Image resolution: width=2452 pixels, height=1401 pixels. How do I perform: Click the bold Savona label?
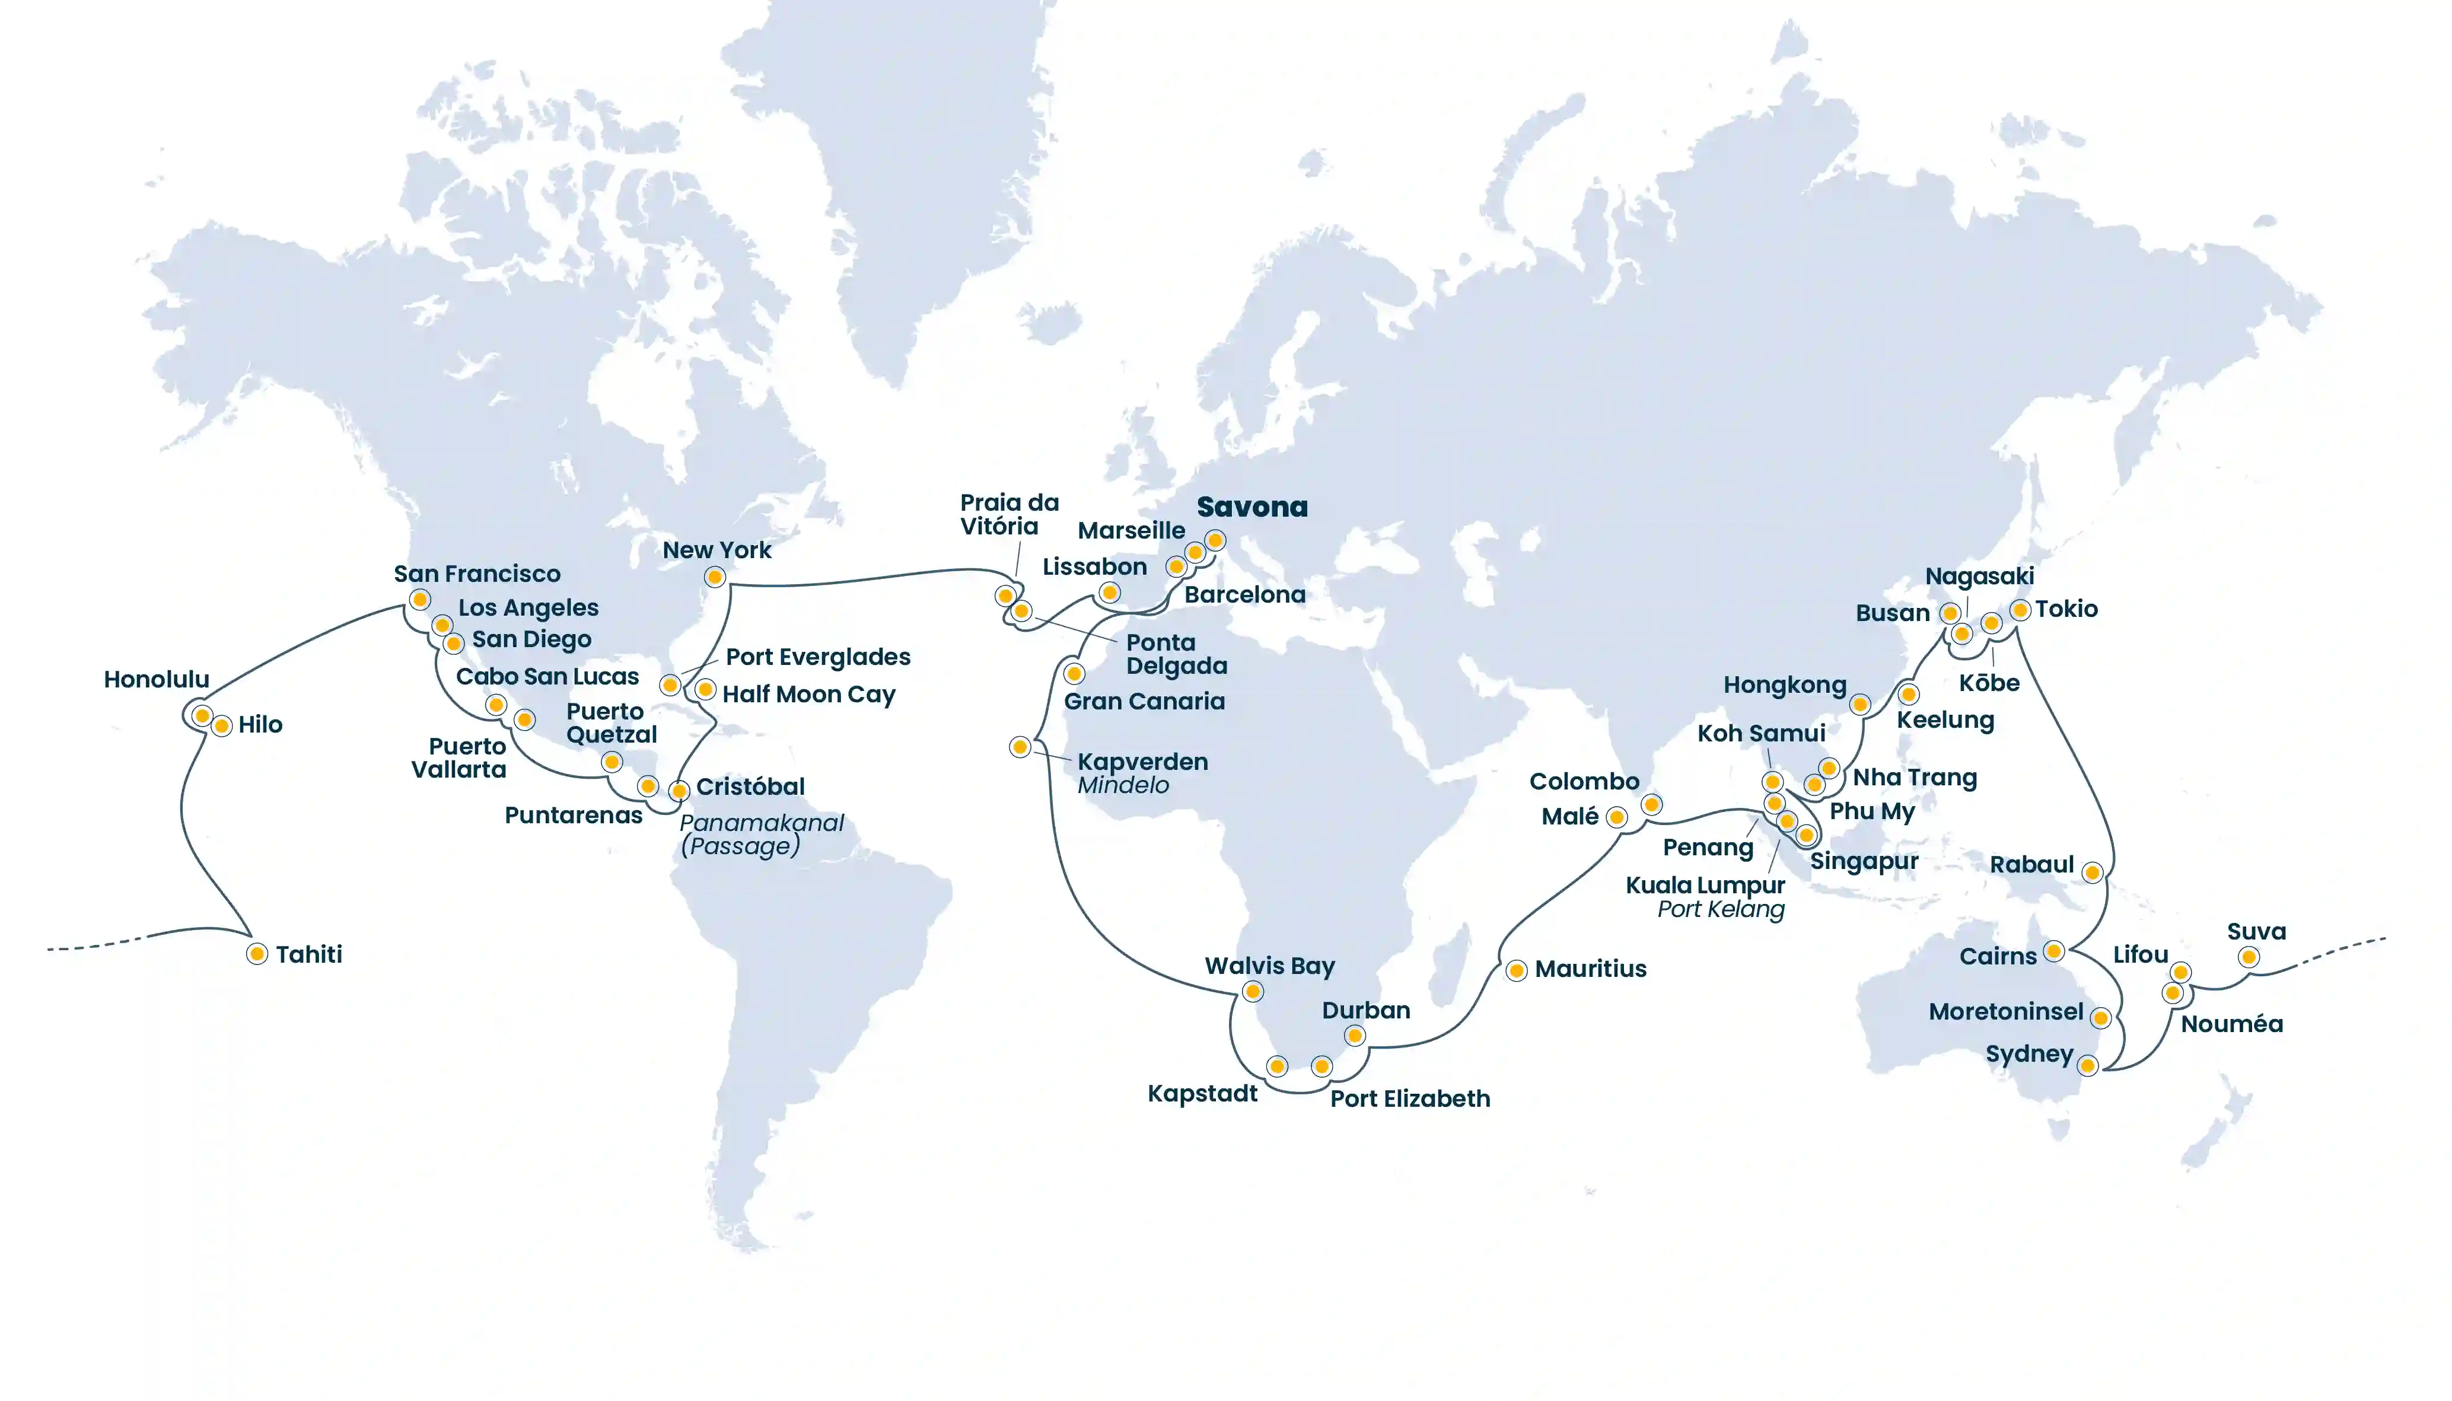tap(1252, 507)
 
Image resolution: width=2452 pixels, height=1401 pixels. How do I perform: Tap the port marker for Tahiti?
tap(257, 954)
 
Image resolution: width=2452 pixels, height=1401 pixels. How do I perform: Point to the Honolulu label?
tap(156, 679)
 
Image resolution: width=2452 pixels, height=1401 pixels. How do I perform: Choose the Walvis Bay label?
tap(1270, 966)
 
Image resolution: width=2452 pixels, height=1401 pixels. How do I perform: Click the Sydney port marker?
tap(2087, 1065)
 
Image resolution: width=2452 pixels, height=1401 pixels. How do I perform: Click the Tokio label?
tap(2066, 609)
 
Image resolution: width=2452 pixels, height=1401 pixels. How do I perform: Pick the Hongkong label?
tap(1784, 685)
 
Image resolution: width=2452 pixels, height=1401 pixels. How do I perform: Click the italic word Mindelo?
tap(1123, 785)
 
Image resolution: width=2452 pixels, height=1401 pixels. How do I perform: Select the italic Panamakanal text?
tap(761, 823)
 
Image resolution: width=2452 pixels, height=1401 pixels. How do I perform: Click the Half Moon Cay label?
tap(808, 694)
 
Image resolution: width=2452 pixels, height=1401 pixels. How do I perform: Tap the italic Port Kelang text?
tap(1720, 909)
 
